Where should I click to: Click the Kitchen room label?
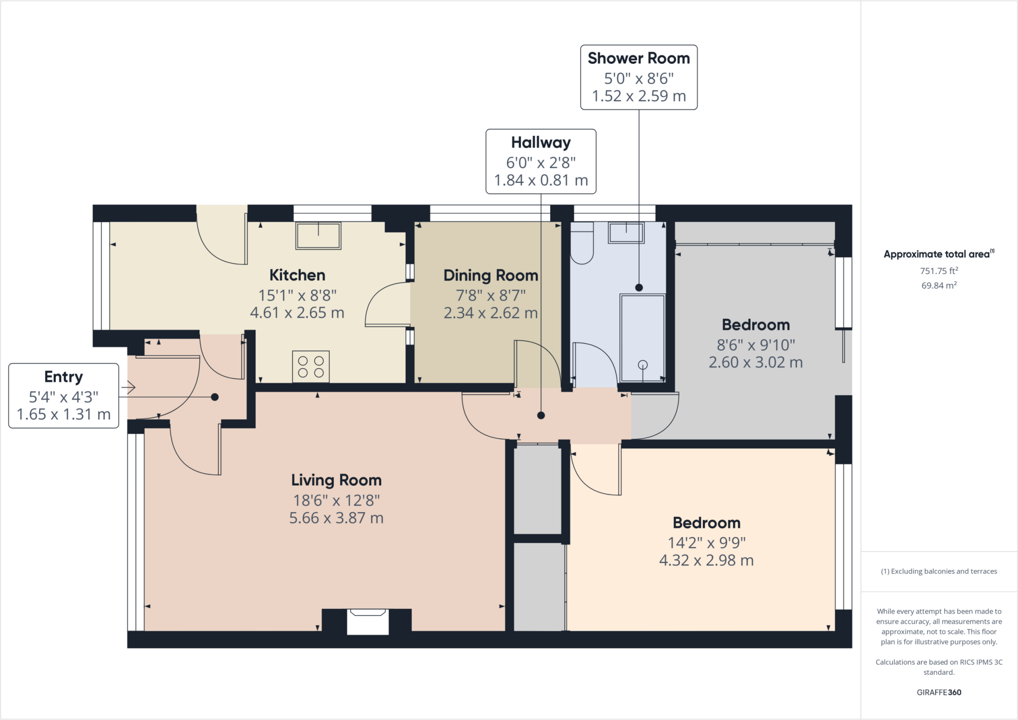tap(297, 275)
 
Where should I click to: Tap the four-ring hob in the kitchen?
tap(311, 367)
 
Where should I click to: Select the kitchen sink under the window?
tap(318, 236)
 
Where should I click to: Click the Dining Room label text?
tap(491, 275)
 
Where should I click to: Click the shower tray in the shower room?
tap(642, 338)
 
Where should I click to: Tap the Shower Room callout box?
tap(639, 77)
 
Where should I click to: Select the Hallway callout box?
tap(541, 161)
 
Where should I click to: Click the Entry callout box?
tap(64, 396)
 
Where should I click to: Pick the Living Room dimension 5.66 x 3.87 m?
tap(336, 518)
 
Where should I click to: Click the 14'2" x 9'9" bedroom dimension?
tap(706, 542)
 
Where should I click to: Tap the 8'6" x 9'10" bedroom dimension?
tap(756, 344)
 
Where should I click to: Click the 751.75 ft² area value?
tap(938, 271)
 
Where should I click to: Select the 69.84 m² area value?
tap(938, 285)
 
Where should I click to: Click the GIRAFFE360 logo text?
tap(938, 692)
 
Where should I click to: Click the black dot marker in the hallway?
tap(541, 415)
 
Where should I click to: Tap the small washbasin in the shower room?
tap(626, 233)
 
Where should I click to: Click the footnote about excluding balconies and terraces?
tap(938, 571)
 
